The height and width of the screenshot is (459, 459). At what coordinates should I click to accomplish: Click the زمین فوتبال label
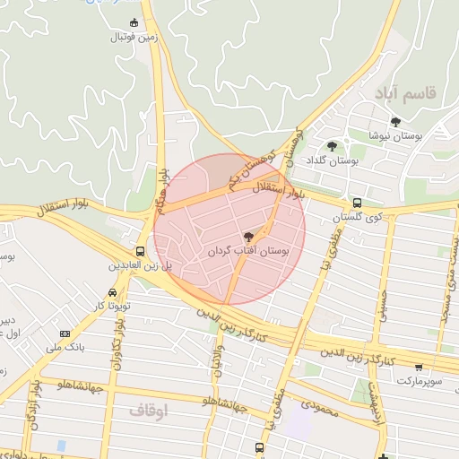click(x=134, y=38)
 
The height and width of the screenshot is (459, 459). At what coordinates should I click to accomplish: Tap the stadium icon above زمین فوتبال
click(x=134, y=22)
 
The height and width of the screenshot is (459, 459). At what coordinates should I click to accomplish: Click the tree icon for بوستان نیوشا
click(x=395, y=122)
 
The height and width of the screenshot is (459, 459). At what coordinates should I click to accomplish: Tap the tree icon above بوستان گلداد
click(x=333, y=146)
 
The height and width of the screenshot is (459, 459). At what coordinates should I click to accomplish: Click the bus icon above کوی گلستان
click(x=357, y=203)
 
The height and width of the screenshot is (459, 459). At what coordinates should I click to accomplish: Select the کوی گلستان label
click(x=358, y=218)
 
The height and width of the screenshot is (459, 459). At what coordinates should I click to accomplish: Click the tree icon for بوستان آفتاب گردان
click(x=248, y=236)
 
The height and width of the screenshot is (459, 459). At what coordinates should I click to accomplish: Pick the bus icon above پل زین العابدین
click(x=141, y=252)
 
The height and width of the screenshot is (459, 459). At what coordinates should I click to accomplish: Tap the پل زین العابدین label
click(x=140, y=267)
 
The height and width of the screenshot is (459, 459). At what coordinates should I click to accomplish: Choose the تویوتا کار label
click(x=113, y=306)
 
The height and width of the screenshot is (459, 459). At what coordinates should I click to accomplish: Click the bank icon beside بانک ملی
click(x=65, y=333)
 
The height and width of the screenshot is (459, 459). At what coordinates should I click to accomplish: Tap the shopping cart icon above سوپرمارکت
click(x=419, y=366)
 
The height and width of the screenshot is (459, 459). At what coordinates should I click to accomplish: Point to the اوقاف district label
click(x=149, y=410)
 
